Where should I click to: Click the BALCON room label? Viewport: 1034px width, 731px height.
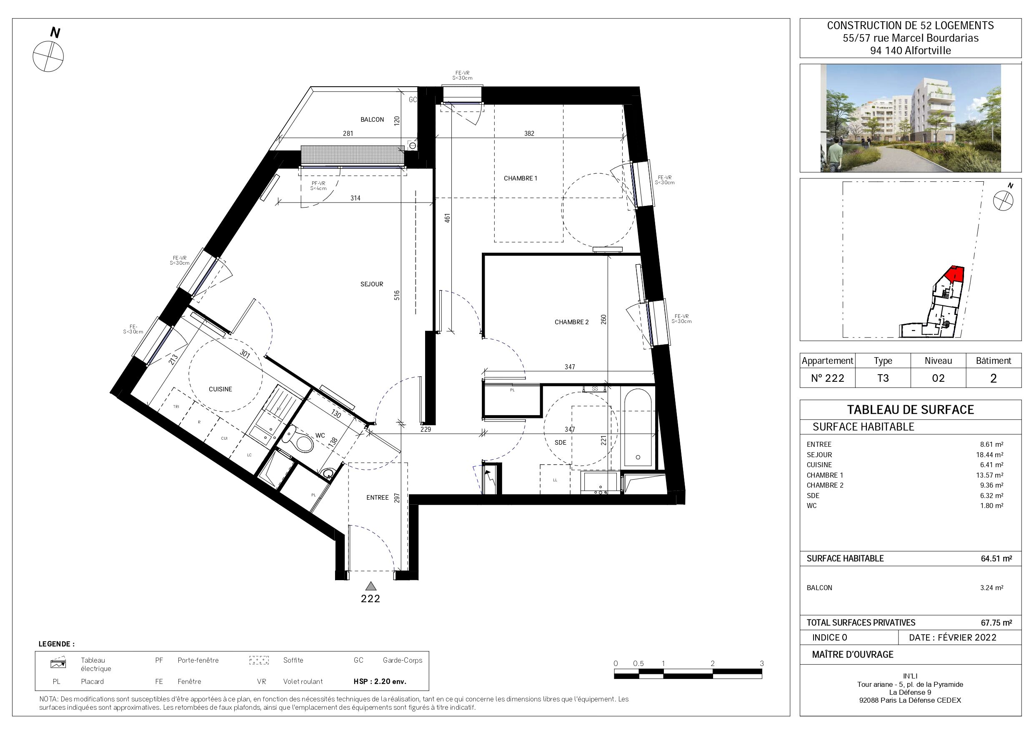click(372, 119)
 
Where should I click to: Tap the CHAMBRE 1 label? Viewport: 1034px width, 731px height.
click(520, 178)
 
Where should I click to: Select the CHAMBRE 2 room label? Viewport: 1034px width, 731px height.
click(571, 322)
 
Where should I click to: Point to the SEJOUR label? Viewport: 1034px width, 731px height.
click(371, 284)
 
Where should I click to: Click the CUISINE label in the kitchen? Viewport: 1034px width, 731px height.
click(220, 389)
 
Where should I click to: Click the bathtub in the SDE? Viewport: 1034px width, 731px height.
click(638, 427)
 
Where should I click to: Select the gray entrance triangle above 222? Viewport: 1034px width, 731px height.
click(371, 586)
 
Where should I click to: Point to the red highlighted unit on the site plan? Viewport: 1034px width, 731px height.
click(955, 274)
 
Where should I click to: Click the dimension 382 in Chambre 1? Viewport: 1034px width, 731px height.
click(529, 133)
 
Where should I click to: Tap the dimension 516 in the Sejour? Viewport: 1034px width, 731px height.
click(397, 295)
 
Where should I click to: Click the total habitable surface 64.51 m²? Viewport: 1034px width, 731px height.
click(996, 558)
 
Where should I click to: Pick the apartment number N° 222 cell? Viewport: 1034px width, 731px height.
click(827, 378)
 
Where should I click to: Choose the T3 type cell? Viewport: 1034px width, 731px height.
click(883, 378)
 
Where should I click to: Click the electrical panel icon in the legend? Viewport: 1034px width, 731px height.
click(58, 663)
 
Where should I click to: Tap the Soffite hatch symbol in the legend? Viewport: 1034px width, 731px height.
click(259, 660)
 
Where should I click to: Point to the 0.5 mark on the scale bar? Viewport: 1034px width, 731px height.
click(638, 663)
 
